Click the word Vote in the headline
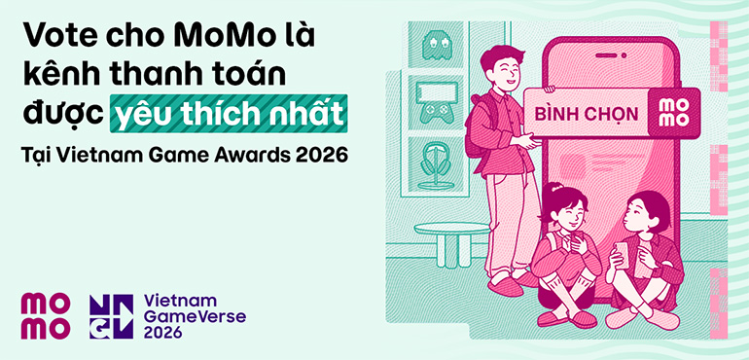click(57, 37)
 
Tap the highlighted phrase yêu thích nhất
click(231, 116)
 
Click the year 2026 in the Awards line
click(320, 156)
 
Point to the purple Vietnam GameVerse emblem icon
click(111, 315)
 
